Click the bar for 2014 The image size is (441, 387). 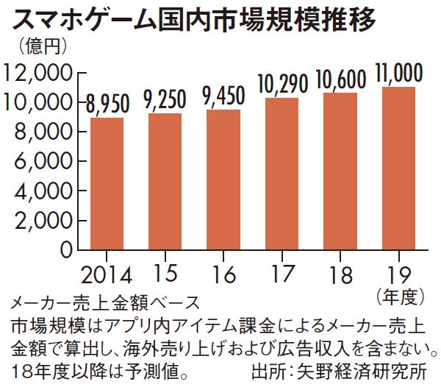click(x=107, y=183)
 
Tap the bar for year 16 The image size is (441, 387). click(x=223, y=180)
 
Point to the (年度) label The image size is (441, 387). click(x=401, y=297)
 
